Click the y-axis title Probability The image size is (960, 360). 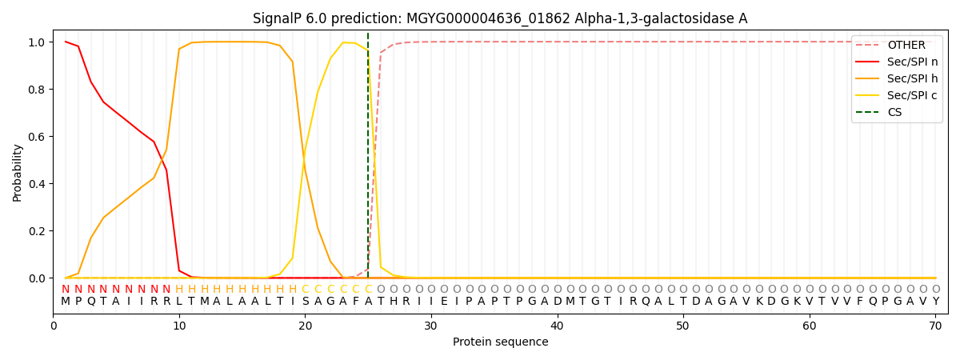(18, 173)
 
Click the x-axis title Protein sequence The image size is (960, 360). (500, 342)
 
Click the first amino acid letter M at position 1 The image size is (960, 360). (66, 302)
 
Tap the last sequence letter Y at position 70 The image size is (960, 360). (935, 302)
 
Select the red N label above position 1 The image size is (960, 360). (66, 290)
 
